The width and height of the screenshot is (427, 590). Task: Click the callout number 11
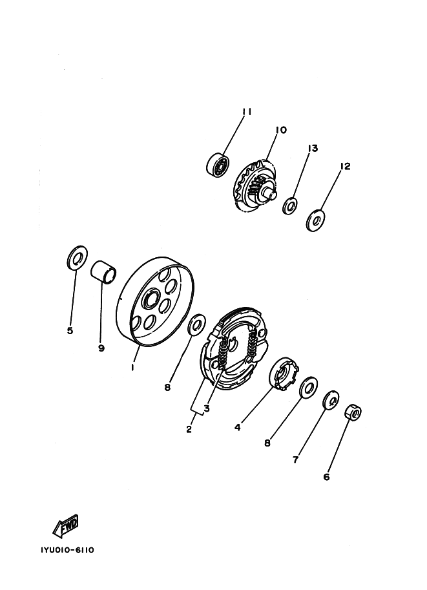[x=247, y=112]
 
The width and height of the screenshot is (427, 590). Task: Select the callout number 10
[x=281, y=130]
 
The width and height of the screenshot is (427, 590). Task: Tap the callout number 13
[x=313, y=148]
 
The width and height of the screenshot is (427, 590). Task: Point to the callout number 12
[x=345, y=166]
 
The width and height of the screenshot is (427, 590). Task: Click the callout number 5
[x=70, y=331]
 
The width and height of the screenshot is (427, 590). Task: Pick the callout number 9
[x=101, y=348]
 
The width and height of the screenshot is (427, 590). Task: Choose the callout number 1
[x=132, y=367]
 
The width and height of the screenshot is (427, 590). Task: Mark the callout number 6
[x=326, y=477]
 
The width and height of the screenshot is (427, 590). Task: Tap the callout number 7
[x=295, y=459]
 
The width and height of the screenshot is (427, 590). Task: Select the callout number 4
[x=237, y=427]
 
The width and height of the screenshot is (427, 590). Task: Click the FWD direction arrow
[x=66, y=525]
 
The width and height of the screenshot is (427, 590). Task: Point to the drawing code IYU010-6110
[x=67, y=550]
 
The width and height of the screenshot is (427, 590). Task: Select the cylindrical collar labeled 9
[x=103, y=271]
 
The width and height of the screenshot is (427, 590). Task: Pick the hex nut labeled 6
[x=353, y=412]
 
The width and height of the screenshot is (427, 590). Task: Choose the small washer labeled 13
[x=290, y=205]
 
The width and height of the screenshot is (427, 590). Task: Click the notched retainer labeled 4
[x=284, y=374]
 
